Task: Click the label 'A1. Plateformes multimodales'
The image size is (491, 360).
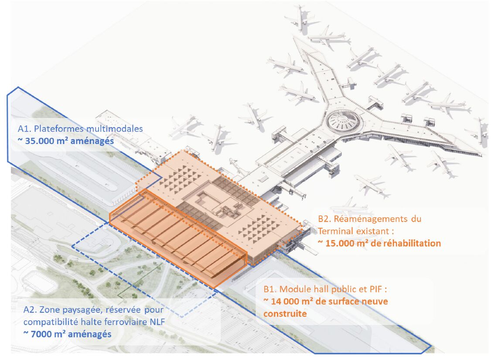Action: [80, 129]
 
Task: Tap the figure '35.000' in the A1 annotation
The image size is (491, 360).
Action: [39, 141]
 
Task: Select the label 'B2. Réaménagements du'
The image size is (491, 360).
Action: [369, 219]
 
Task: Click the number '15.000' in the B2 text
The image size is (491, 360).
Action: [339, 243]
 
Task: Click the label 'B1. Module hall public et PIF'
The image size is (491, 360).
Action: [323, 289]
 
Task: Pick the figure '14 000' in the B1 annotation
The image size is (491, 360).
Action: [285, 302]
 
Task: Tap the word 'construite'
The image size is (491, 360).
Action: [285, 314]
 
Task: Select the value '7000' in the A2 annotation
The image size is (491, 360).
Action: [42, 334]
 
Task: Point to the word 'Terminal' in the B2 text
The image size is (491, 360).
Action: [335, 231]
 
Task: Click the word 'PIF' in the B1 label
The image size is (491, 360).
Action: [375, 289]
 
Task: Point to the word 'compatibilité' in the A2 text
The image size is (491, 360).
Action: [51, 322]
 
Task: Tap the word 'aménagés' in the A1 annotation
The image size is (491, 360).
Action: [92, 141]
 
